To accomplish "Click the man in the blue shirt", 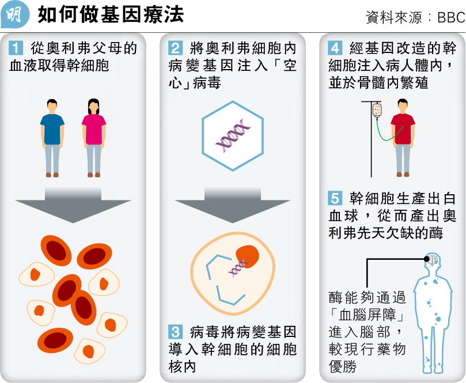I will [52, 135].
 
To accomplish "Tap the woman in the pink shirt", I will [93, 135].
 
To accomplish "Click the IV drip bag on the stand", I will [377, 109].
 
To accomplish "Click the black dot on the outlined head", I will [427, 259].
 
